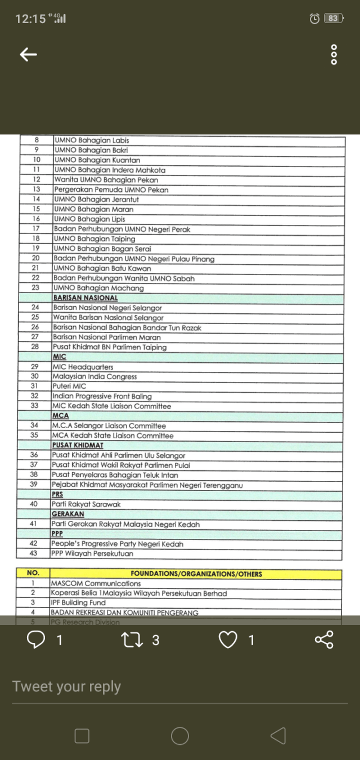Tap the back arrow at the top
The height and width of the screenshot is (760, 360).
point(28,55)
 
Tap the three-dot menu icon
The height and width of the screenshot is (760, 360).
point(334,55)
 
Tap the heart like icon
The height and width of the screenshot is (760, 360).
point(228,640)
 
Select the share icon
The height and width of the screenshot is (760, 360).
point(324,640)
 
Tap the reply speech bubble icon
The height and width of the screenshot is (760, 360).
point(37,640)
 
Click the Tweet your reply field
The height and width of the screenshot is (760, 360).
point(169,686)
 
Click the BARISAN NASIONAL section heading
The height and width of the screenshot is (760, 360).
point(85,298)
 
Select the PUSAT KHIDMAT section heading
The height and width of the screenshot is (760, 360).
point(78,446)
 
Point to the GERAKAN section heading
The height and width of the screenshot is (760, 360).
point(67,514)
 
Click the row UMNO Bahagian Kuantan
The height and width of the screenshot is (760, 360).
point(97,160)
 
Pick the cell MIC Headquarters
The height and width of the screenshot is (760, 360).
point(83,367)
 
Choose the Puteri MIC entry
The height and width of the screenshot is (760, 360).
point(70,386)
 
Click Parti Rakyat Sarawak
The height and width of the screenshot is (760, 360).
point(86,505)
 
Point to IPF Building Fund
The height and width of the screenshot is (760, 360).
point(78,602)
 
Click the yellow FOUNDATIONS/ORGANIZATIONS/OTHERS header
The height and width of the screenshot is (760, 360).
point(196,574)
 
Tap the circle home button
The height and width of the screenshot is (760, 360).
point(179,735)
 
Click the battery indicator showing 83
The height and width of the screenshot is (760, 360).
point(333,19)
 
